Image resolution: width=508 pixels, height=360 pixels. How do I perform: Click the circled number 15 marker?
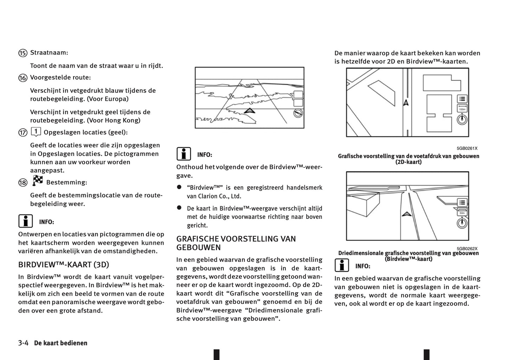(23, 53)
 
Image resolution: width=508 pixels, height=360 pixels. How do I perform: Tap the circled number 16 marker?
(23, 78)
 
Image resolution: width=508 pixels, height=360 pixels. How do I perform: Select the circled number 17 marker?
(23, 133)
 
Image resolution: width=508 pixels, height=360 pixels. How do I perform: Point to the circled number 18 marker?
(23, 183)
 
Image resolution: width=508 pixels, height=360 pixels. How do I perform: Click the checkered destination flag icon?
(38, 181)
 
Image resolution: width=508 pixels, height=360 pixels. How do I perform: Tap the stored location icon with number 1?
(36, 132)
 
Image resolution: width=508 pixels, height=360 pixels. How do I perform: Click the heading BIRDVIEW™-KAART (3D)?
(64, 265)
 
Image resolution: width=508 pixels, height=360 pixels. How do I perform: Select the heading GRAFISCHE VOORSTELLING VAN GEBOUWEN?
(236, 243)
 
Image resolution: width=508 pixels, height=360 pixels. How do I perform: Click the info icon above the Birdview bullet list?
(184, 154)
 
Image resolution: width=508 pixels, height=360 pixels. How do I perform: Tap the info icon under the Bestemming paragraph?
(25, 221)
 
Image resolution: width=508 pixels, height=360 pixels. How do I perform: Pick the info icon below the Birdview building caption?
(341, 266)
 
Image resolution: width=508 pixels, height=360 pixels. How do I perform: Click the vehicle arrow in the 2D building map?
(406, 103)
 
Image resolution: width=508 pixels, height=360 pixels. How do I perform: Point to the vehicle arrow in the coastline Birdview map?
(249, 111)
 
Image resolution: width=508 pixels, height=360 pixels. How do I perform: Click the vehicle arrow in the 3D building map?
(406, 214)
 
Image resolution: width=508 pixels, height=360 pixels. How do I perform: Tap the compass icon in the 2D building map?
(462, 120)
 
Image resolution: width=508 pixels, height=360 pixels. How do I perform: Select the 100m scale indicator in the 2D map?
(462, 108)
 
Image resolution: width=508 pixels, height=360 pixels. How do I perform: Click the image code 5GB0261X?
(467, 149)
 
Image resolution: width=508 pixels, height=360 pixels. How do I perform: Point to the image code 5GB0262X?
(467, 248)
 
